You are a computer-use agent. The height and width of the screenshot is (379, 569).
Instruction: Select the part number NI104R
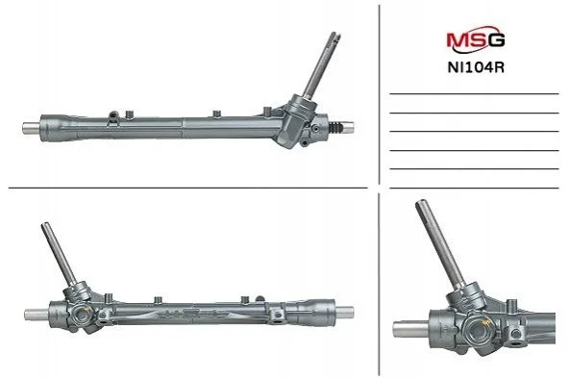pos(476,67)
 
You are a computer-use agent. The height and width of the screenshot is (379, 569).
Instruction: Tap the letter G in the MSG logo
pos(495,39)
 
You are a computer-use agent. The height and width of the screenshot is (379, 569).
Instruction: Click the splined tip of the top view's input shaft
pos(334,37)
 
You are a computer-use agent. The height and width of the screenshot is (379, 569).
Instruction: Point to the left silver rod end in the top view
pos(31,127)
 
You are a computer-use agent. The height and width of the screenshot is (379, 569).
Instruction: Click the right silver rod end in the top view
pos(348,127)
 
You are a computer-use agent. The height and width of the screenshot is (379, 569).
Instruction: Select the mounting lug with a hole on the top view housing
pos(114,115)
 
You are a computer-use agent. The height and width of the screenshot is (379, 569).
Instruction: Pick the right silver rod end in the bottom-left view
pos(344,313)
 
